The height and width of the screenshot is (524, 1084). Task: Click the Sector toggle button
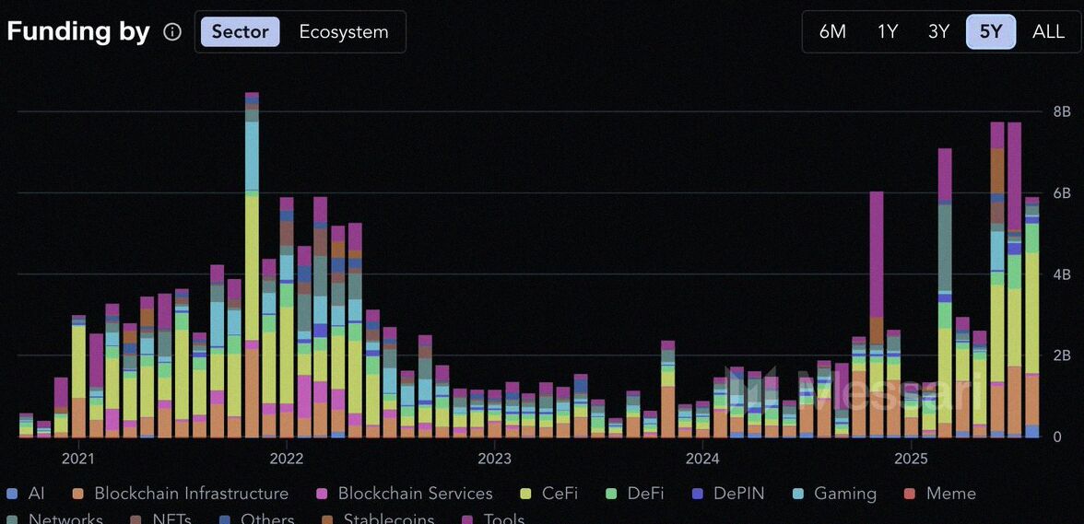[240, 32]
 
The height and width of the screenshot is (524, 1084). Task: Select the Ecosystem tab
[343, 32]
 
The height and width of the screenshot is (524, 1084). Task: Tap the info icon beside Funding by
[172, 32]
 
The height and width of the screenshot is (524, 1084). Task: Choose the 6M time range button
[831, 32]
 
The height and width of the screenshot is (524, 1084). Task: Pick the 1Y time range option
[887, 32]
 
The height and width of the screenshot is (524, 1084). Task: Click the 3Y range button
[938, 32]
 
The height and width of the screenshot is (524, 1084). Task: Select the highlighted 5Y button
[990, 32]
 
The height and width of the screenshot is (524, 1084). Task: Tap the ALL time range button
[1048, 32]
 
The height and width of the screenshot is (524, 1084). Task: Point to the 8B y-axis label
[1061, 111]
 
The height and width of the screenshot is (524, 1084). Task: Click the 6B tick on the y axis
[1061, 193]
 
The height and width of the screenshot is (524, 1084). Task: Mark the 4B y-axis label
[1061, 274]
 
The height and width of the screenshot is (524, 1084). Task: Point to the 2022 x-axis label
[286, 459]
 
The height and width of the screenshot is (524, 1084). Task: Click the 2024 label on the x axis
[702, 459]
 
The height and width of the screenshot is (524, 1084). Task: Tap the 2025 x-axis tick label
[911, 459]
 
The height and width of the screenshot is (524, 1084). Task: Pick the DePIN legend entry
[731, 494]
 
